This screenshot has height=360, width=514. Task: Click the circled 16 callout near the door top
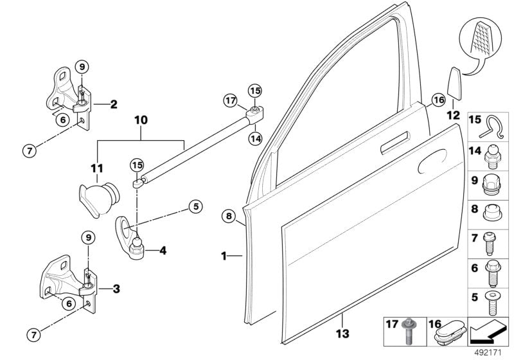click(438, 100)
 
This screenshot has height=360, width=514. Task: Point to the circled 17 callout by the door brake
click(231, 100)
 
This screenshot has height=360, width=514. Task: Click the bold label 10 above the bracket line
click(141, 120)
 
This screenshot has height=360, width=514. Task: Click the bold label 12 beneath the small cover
click(453, 116)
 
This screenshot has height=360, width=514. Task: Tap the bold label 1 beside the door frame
click(224, 256)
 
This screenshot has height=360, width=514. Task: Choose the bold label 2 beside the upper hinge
click(113, 103)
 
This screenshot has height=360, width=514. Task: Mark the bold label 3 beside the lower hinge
click(116, 289)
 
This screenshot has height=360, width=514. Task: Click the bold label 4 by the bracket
click(162, 250)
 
